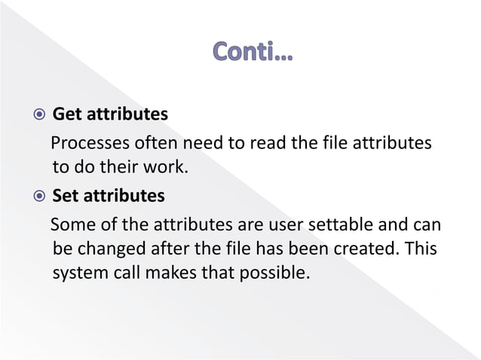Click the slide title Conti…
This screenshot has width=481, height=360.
[254, 53]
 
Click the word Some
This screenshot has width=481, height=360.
[71, 224]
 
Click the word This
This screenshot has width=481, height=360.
[419, 248]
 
